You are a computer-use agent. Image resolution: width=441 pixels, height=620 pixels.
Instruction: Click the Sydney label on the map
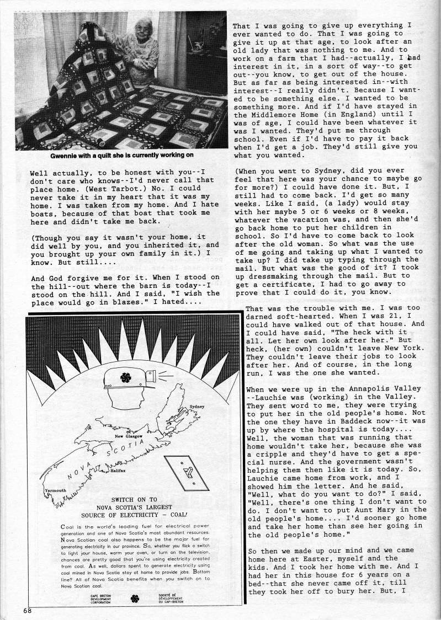click(197, 406)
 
